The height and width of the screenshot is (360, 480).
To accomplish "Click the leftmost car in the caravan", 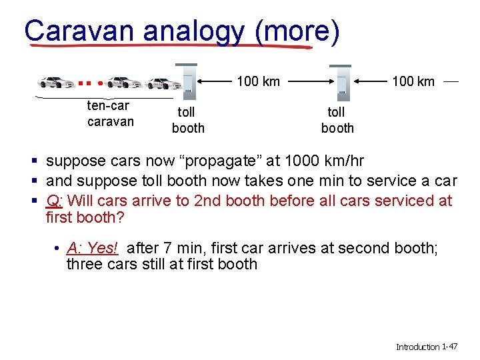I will pos(57,83).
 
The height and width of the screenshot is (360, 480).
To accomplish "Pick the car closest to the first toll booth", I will pos(163,83).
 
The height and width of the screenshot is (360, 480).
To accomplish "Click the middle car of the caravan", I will pos(123,83).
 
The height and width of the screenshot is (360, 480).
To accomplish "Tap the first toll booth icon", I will pos(187,79).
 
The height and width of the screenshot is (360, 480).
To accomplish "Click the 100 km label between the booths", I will pos(258,81).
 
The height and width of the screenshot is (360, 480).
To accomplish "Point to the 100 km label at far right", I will pos(413,81).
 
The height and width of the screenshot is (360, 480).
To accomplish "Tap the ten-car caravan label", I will pos(109,113).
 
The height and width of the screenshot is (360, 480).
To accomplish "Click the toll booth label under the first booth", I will pos(188,121).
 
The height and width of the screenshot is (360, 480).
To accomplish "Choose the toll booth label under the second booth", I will pos(337,121).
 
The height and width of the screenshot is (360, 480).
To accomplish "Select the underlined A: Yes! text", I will pos(92,248).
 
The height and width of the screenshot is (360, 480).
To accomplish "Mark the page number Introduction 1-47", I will pos(426,347).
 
